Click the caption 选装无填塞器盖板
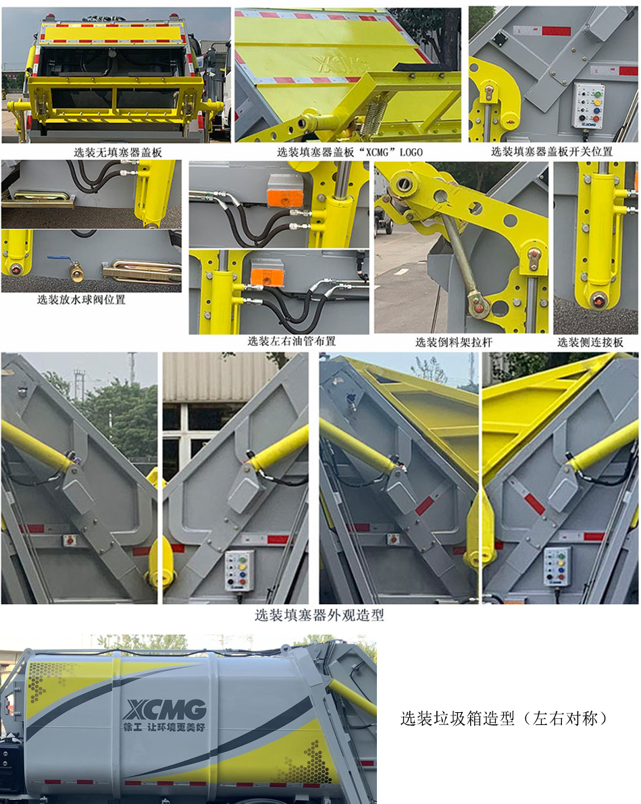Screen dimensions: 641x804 118,153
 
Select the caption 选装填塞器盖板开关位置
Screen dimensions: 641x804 552,152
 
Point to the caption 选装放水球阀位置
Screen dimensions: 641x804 81,300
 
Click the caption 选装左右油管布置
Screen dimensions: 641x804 292,342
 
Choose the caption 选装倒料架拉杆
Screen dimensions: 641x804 454,342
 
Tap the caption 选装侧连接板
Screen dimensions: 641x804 590,342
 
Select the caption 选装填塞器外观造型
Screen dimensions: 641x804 319,615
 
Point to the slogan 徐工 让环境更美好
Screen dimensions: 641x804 163,727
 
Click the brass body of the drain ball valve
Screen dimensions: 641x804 76,272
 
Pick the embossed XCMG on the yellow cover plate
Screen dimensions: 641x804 341,63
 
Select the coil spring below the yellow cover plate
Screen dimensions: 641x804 376,115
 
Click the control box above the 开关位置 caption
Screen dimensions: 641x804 588,105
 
